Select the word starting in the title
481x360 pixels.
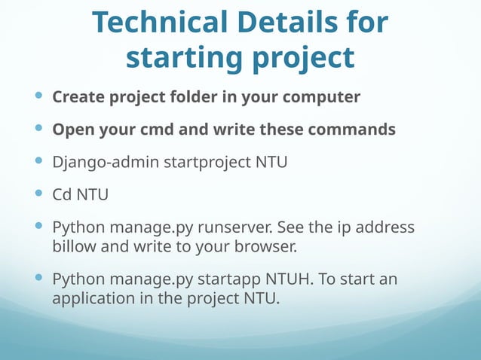click(181, 57)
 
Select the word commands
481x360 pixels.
click(349, 130)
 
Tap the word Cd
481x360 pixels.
click(62, 194)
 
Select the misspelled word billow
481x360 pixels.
click(74, 245)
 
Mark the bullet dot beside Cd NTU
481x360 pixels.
click(39, 194)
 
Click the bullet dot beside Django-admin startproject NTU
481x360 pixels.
click(39, 161)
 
